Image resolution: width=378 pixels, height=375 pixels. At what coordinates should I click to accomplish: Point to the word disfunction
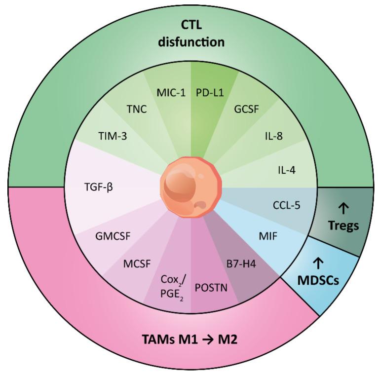[x=190, y=42]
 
